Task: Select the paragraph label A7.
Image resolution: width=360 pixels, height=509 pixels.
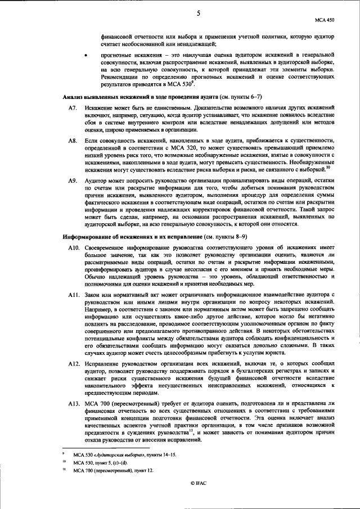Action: tap(71, 107)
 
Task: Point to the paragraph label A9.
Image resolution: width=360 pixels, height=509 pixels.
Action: tap(71, 180)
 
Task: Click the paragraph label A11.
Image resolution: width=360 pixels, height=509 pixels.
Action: tap(73, 295)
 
